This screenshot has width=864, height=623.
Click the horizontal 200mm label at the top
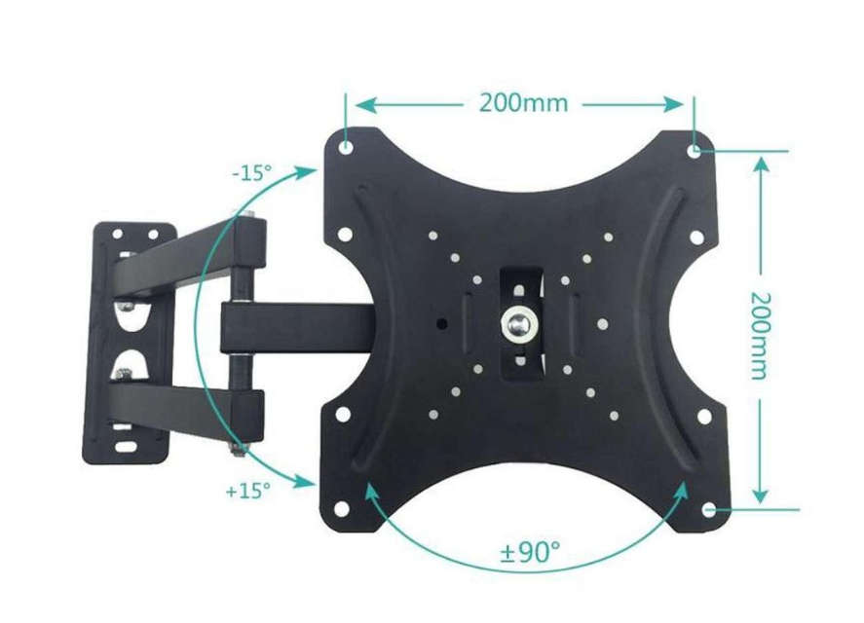(x=522, y=102)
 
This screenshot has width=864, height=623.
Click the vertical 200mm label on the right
(x=762, y=335)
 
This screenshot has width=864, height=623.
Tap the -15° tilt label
(x=252, y=174)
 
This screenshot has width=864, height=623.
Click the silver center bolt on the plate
(x=517, y=321)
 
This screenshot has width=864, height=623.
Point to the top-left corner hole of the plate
(x=346, y=147)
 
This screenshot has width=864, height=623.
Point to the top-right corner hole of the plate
(x=694, y=151)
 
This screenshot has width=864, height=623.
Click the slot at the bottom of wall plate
(x=127, y=447)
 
